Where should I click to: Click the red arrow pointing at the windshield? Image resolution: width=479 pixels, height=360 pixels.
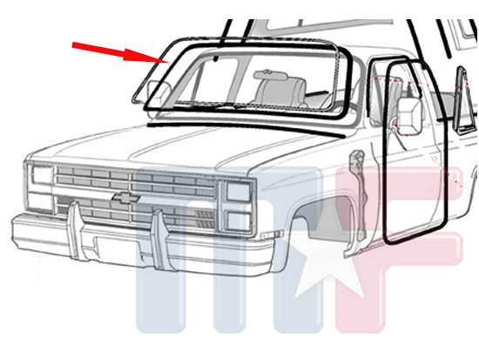point(121,52)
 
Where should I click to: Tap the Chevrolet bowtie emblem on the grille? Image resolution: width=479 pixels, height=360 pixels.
point(125,197)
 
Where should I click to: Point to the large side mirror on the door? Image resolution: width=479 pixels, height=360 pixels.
point(410,116)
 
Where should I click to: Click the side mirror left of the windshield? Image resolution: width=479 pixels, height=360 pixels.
point(158,91)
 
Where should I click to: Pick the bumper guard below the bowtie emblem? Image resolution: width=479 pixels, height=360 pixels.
point(161,240)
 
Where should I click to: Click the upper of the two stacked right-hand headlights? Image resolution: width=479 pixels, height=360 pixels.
point(239,191)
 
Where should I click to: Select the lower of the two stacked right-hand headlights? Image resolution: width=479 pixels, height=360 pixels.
point(239,221)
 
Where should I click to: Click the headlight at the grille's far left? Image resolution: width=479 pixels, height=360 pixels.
point(42,175)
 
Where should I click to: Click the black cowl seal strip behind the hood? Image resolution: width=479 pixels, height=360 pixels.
point(245,127)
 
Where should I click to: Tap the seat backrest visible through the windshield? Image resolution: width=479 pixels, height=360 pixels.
point(281,91)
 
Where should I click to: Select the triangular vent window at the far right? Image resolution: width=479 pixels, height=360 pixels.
point(464,101)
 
